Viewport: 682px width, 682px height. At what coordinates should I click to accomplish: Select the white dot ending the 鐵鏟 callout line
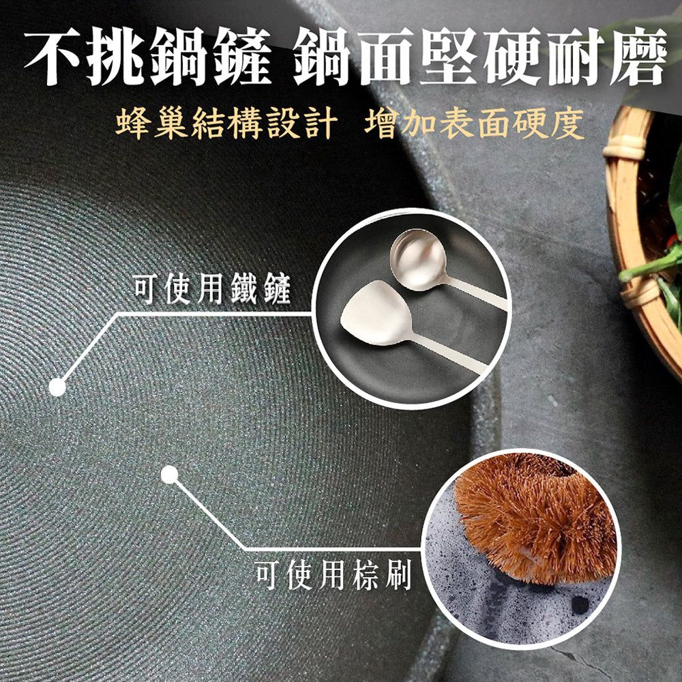click(x=57, y=387)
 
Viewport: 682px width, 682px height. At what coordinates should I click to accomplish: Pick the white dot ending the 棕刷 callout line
click(x=170, y=475)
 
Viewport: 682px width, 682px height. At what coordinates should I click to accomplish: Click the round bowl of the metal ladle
click(x=417, y=259)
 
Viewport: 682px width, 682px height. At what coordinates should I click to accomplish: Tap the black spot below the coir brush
click(x=580, y=604)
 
